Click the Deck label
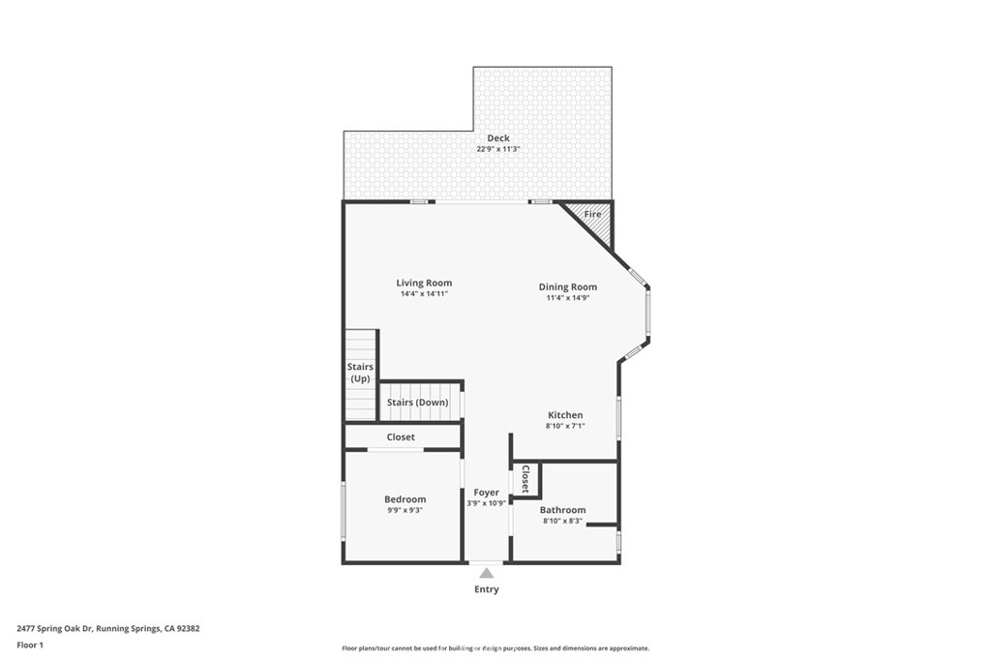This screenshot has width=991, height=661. [x=498, y=138]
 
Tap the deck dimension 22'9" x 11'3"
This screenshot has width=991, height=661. [x=498, y=150]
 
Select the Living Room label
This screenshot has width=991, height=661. [x=424, y=283]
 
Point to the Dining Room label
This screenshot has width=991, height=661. [x=567, y=286]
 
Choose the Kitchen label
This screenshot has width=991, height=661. [x=565, y=415]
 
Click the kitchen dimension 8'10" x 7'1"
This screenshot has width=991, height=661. [x=565, y=426]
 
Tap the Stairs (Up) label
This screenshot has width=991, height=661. [x=360, y=373]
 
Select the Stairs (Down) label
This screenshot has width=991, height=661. [x=417, y=403]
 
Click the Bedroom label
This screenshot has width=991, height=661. [x=405, y=499]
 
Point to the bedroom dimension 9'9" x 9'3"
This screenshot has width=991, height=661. [x=405, y=510]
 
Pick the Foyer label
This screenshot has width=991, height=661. [x=486, y=493]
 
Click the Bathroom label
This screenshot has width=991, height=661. [x=562, y=510]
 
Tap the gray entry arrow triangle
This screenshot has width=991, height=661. [x=487, y=573]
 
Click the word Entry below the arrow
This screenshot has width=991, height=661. [x=487, y=589]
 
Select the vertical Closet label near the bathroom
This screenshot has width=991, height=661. [x=526, y=479]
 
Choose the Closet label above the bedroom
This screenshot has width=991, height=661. [x=401, y=437]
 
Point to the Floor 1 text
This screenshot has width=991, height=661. [x=30, y=645]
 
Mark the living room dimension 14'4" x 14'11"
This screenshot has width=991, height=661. [x=424, y=294]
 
